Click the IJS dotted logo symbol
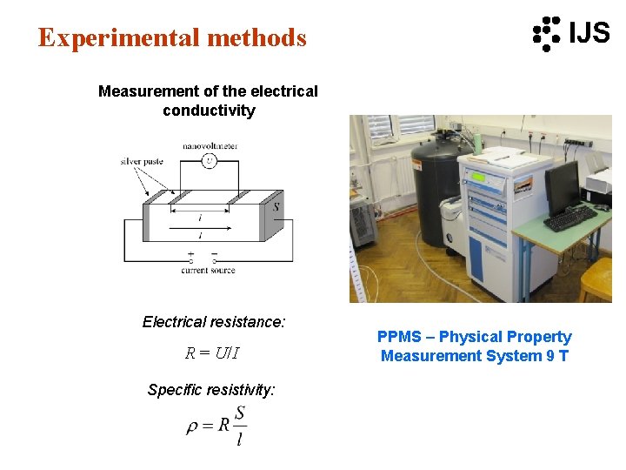click(547, 33)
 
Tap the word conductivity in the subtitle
click(209, 111)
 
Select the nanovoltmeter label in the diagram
click(210, 145)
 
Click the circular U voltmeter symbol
click(209, 161)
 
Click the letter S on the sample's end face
click(276, 207)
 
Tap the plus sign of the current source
click(191, 254)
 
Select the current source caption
click(209, 271)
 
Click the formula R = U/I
click(212, 353)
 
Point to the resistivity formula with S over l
click(217, 426)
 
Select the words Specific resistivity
click(211, 390)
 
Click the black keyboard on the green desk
click(570, 218)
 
